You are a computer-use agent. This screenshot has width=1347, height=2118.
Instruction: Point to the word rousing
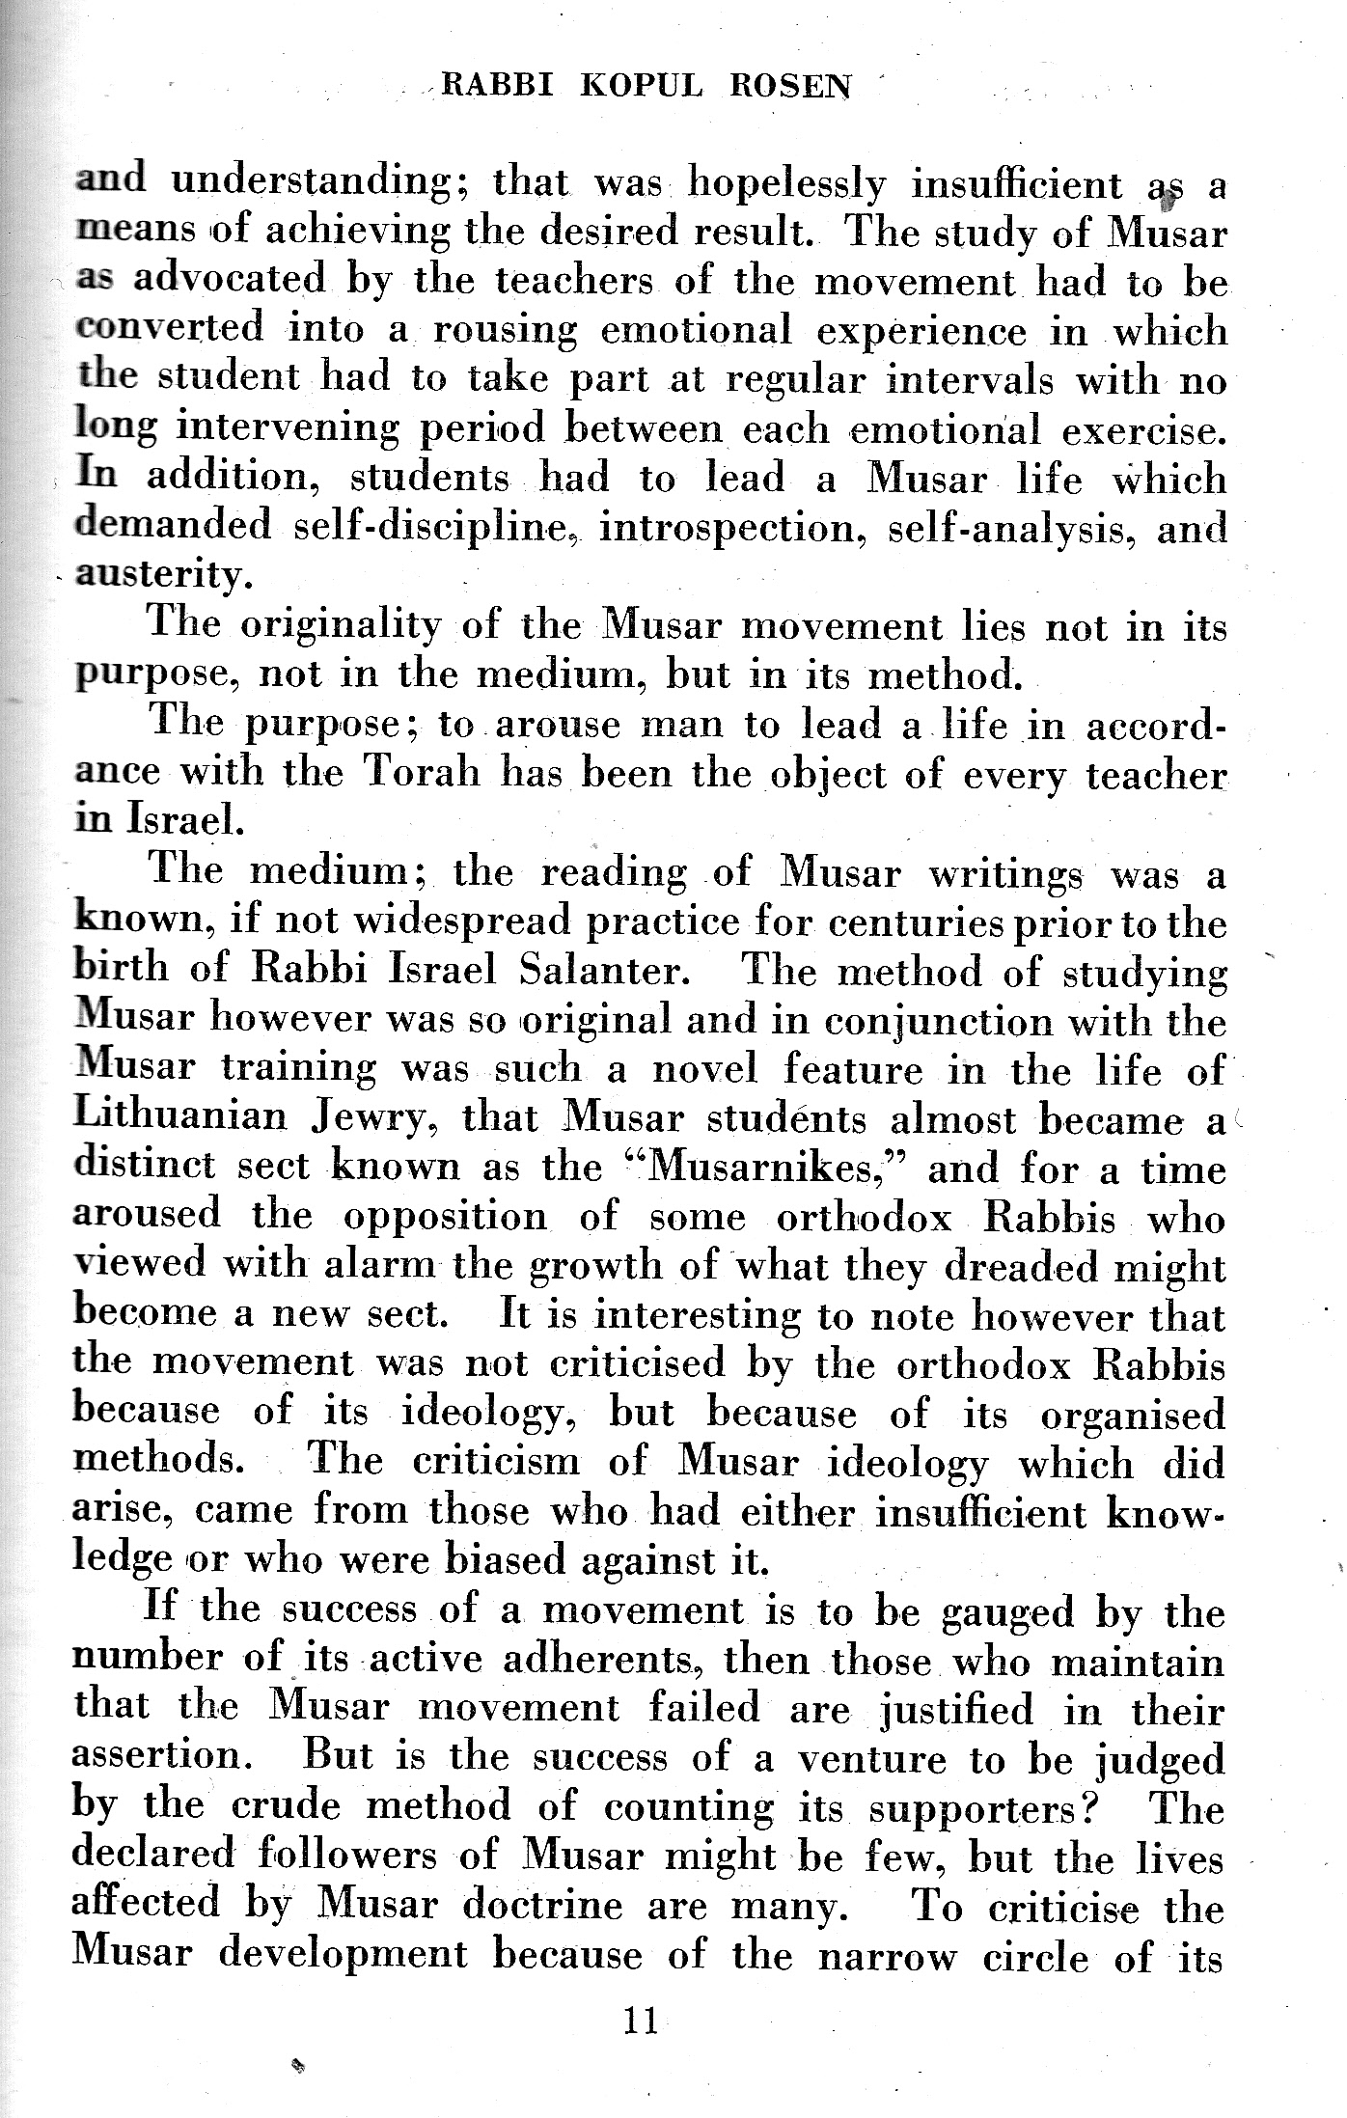pyautogui.click(x=505, y=332)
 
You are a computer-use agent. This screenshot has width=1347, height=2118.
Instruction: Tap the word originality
pyautogui.click(x=341, y=625)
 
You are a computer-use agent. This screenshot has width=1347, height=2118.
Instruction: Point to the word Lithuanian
pyautogui.click(x=180, y=1117)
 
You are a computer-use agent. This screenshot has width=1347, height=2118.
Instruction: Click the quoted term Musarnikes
pyautogui.click(x=760, y=1168)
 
